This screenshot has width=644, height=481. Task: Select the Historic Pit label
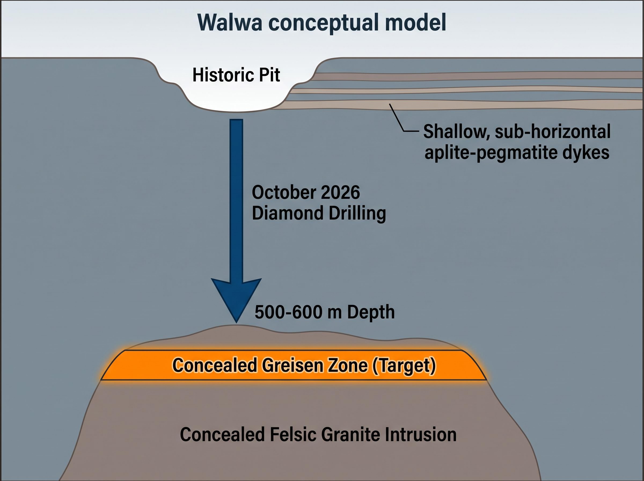[x=236, y=75]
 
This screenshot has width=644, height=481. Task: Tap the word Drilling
[x=357, y=214]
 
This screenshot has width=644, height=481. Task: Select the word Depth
[x=371, y=313]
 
